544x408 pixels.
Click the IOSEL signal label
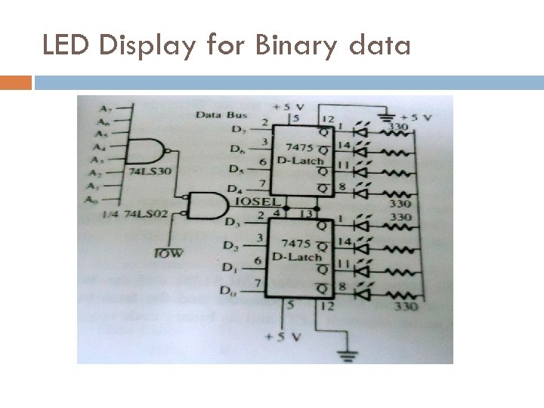258,202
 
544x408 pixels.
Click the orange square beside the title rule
16,82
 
